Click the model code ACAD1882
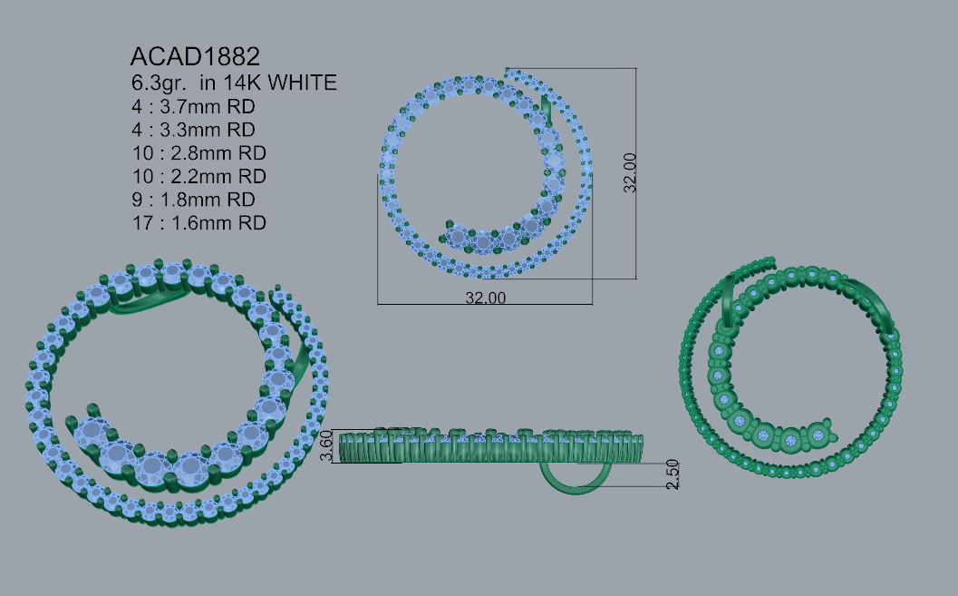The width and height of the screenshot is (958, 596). point(195,57)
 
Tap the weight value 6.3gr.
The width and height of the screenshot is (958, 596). point(159,83)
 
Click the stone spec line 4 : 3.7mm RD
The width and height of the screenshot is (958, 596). point(193,106)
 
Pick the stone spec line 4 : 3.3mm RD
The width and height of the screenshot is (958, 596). point(193,130)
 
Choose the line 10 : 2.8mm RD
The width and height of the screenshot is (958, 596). point(199,152)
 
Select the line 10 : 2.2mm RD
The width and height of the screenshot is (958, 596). point(199,176)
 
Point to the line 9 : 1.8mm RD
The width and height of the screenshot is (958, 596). point(193,200)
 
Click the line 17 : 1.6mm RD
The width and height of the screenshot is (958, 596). point(199,222)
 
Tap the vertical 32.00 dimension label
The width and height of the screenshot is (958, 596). point(630,173)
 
